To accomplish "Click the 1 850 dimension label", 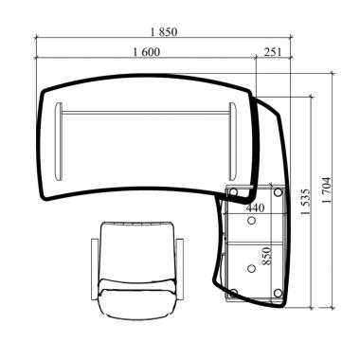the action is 164,32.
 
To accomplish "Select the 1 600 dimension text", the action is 147,52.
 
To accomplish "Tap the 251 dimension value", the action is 272,52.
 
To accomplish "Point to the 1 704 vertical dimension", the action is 327,189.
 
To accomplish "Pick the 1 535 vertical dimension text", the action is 306,202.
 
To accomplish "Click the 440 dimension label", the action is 255,207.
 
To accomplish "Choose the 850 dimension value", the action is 267,256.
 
